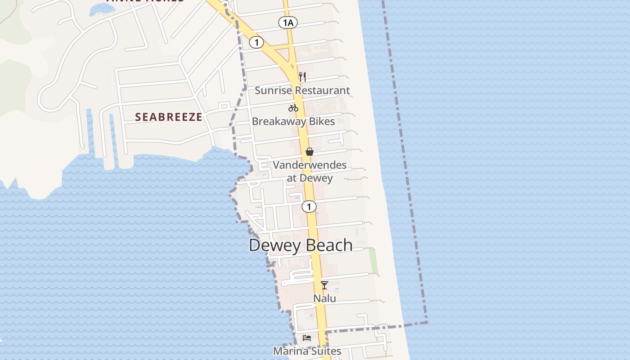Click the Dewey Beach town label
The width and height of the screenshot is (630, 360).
tap(301, 245)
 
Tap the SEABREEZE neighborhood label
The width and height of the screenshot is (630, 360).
tap(169, 117)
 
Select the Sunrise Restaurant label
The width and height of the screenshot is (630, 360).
tap(302, 90)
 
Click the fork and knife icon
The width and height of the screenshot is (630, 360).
tap(302, 77)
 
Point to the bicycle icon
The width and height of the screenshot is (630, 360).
tap(293, 108)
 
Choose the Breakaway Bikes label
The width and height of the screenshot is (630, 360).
tap(293, 121)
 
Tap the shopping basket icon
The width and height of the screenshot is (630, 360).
tap(310, 152)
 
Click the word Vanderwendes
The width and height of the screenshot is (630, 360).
tap(310, 165)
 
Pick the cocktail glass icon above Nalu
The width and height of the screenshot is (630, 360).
tap(324, 285)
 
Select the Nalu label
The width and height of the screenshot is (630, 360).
tap(324, 298)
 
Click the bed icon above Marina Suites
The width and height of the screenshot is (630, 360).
tap(307, 337)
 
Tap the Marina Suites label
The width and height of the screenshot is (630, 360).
tap(307, 351)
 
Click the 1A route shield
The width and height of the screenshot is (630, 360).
tap(288, 22)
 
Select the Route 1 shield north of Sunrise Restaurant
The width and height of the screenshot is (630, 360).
tap(256, 43)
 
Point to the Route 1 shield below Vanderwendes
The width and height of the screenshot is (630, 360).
tap(309, 207)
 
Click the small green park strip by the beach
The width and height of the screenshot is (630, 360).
tap(373, 261)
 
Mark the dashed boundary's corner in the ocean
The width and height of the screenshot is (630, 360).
tap(427, 322)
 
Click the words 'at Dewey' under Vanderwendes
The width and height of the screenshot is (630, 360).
tap(310, 178)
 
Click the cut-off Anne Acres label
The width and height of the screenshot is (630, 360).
tap(145, 1)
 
